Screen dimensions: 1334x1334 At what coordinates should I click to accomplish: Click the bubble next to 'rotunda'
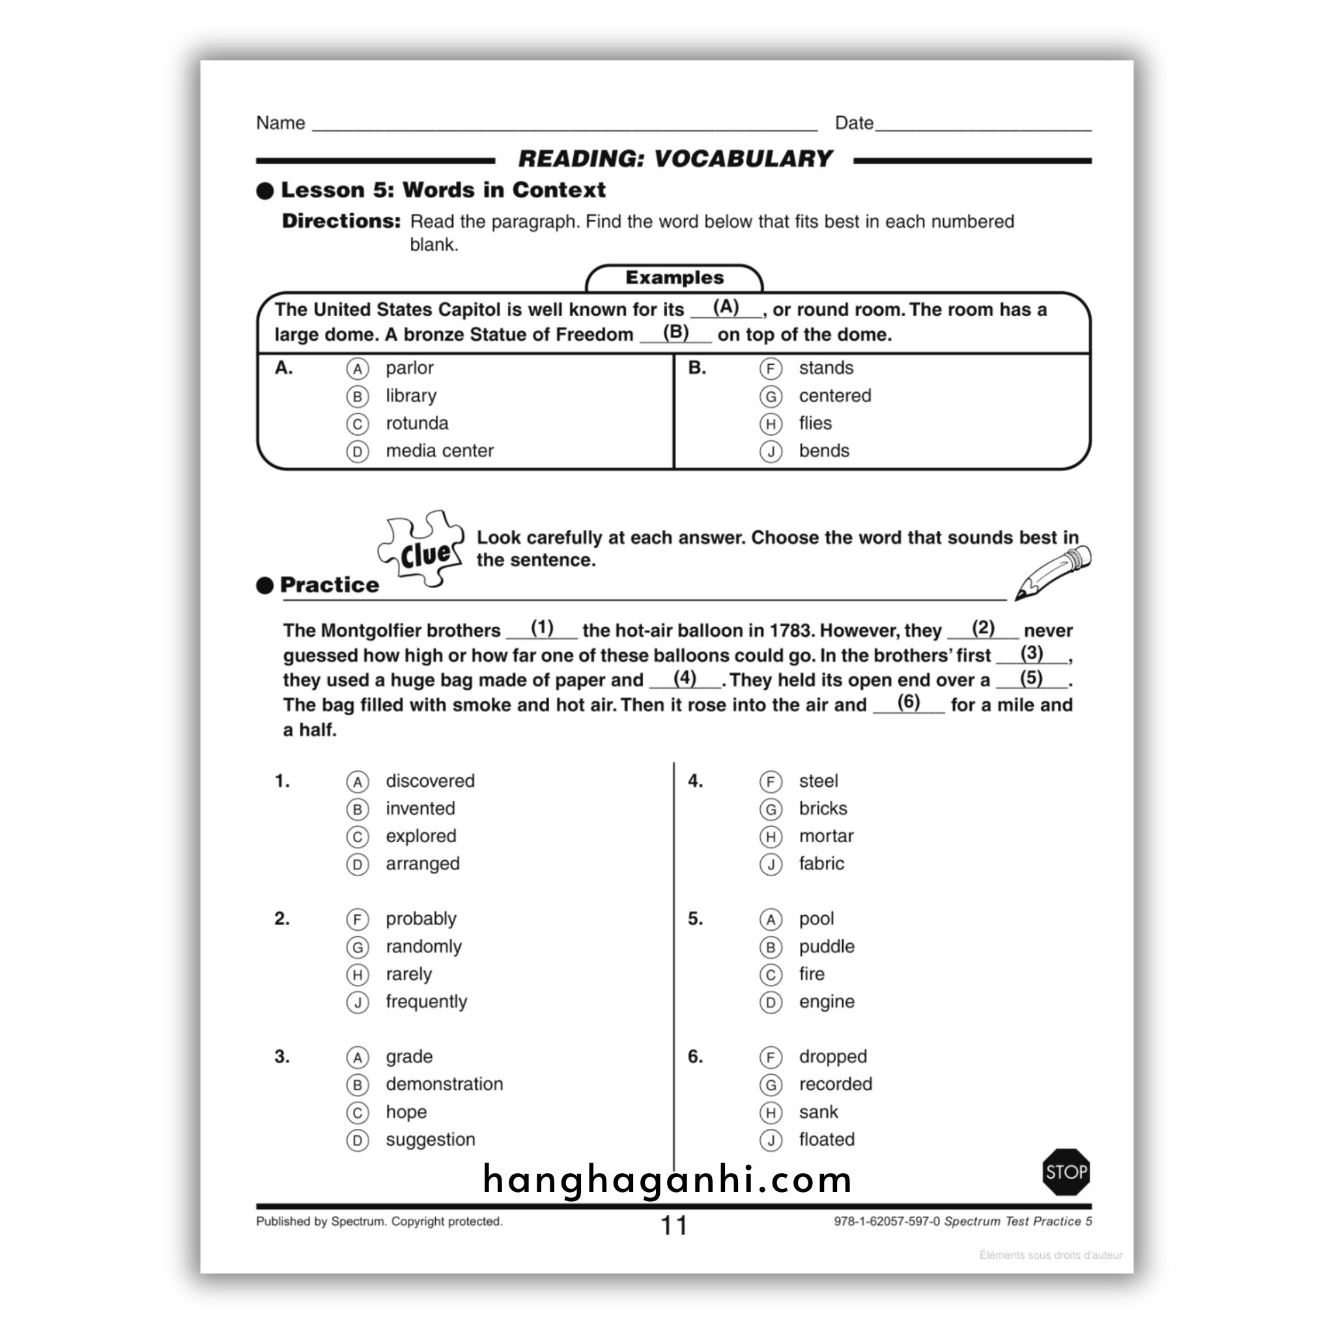[357, 424]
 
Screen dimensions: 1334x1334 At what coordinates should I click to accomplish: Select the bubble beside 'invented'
[357, 809]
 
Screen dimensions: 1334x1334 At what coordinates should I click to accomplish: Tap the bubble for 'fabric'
[771, 864]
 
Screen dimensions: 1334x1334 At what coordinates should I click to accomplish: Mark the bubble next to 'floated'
[771, 1141]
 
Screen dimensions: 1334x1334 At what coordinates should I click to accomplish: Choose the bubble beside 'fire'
[771, 975]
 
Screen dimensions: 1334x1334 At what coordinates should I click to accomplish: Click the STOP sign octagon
[1066, 1172]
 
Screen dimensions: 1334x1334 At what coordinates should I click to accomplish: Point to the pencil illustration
[1053, 573]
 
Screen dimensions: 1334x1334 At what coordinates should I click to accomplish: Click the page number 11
[674, 1226]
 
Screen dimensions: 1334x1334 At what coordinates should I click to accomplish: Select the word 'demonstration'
[444, 1084]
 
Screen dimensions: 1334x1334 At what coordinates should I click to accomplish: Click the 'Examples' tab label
[675, 277]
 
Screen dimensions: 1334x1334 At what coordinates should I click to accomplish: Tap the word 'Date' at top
[854, 123]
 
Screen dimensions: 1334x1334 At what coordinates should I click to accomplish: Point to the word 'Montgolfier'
[371, 631]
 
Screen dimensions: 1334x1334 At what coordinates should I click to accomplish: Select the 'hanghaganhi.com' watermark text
[667, 1180]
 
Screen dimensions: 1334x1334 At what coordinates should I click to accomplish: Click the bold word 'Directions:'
[341, 221]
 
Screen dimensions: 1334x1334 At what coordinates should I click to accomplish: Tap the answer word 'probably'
[421, 919]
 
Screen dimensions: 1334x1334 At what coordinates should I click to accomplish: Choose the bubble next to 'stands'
[771, 369]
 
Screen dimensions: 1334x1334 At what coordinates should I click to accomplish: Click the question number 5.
[695, 919]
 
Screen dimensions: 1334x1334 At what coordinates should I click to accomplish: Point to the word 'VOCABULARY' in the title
[743, 159]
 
